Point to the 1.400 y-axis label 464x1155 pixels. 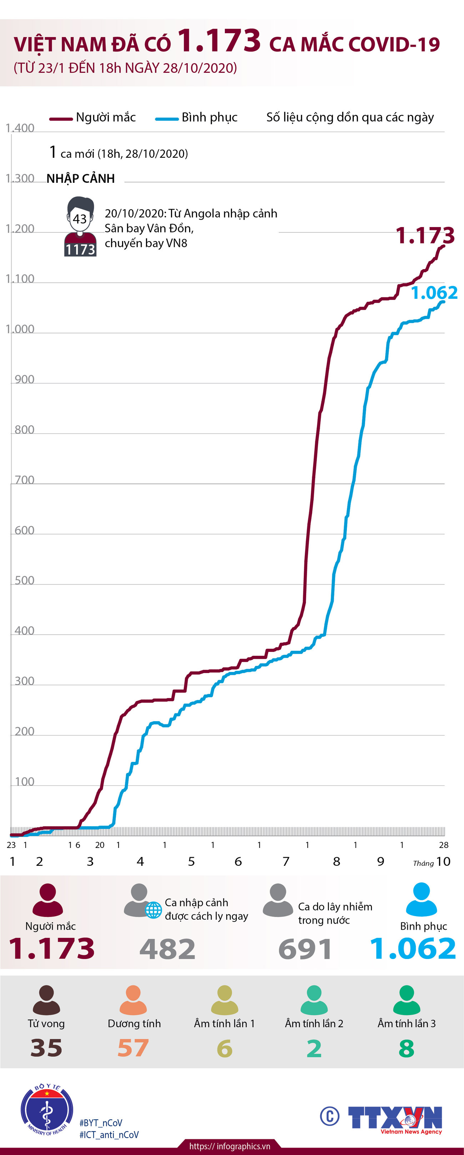(x=20, y=128)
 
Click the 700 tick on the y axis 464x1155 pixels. (x=24, y=480)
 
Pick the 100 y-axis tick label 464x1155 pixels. (x=24, y=782)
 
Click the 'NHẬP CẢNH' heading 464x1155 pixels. (x=81, y=179)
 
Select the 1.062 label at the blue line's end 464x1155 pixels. (x=434, y=293)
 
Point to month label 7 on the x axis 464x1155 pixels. (x=286, y=861)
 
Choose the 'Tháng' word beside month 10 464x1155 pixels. (x=423, y=863)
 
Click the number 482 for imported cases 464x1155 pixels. (x=167, y=949)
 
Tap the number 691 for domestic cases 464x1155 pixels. (x=305, y=949)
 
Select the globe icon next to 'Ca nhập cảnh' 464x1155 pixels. (x=153, y=910)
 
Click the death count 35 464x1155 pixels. (x=46, y=1048)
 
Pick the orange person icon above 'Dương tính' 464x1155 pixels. (x=133, y=1000)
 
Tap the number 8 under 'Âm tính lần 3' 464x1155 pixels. (x=406, y=1048)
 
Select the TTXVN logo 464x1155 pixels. (x=394, y=1118)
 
